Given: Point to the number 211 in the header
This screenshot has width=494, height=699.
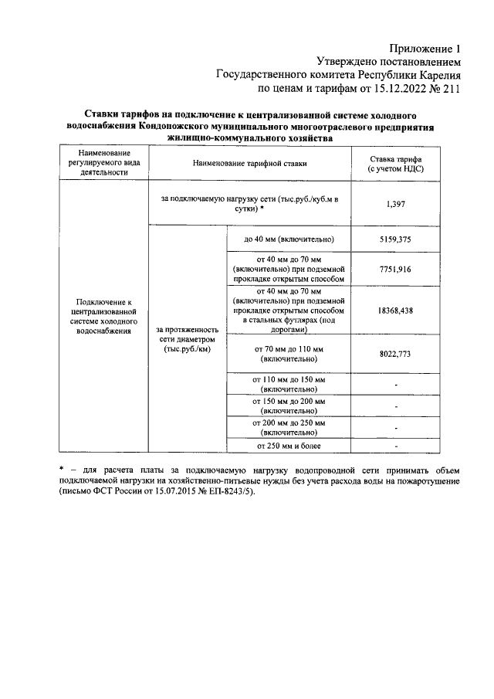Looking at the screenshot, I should pos(451,89).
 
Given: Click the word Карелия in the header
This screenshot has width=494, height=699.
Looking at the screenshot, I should pos(439,75).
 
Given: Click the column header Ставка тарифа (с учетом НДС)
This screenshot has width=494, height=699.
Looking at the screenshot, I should pos(396,163).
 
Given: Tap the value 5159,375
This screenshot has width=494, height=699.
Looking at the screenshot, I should pos(396,239).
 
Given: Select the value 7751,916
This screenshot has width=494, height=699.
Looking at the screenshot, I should pos(396,268).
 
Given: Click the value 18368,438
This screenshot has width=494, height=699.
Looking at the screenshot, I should pos(396,309).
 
